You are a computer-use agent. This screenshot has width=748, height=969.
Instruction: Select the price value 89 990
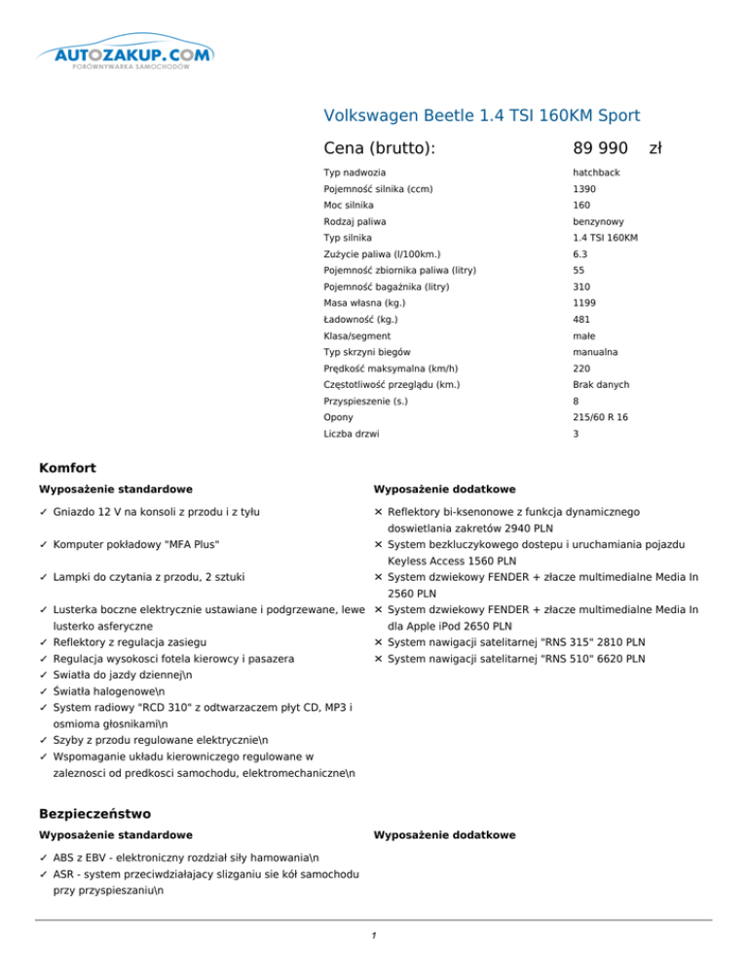click(x=600, y=148)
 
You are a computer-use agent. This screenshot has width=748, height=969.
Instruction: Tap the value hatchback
click(x=597, y=173)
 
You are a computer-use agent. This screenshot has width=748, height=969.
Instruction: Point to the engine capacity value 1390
click(x=585, y=188)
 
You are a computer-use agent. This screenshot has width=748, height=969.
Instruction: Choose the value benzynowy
click(x=598, y=221)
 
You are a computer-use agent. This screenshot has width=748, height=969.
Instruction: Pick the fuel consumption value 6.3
click(x=580, y=253)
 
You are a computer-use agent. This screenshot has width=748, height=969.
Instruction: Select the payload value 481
click(x=582, y=319)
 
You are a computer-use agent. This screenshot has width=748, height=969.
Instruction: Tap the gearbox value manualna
click(x=596, y=351)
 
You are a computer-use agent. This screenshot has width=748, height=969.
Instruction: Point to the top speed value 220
click(x=582, y=368)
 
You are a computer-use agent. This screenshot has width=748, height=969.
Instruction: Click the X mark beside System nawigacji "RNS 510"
click(x=378, y=658)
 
